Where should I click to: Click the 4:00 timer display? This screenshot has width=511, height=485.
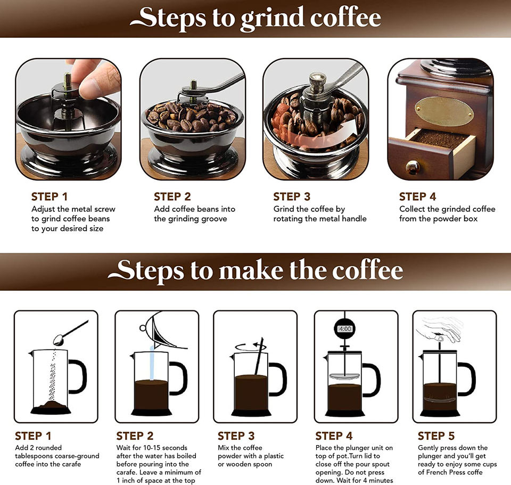[345, 329]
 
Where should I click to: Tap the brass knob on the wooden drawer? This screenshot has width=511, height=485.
[413, 167]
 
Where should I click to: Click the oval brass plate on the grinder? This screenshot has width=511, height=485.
[444, 111]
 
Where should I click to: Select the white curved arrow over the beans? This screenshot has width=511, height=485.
[324, 135]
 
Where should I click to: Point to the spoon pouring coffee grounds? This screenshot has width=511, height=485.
[70, 333]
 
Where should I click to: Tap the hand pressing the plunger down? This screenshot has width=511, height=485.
[440, 328]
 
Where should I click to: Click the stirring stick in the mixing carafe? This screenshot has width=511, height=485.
[259, 356]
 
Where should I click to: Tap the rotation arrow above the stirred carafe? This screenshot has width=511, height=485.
[251, 347]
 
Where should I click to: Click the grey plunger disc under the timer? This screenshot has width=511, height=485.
[344, 377]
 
